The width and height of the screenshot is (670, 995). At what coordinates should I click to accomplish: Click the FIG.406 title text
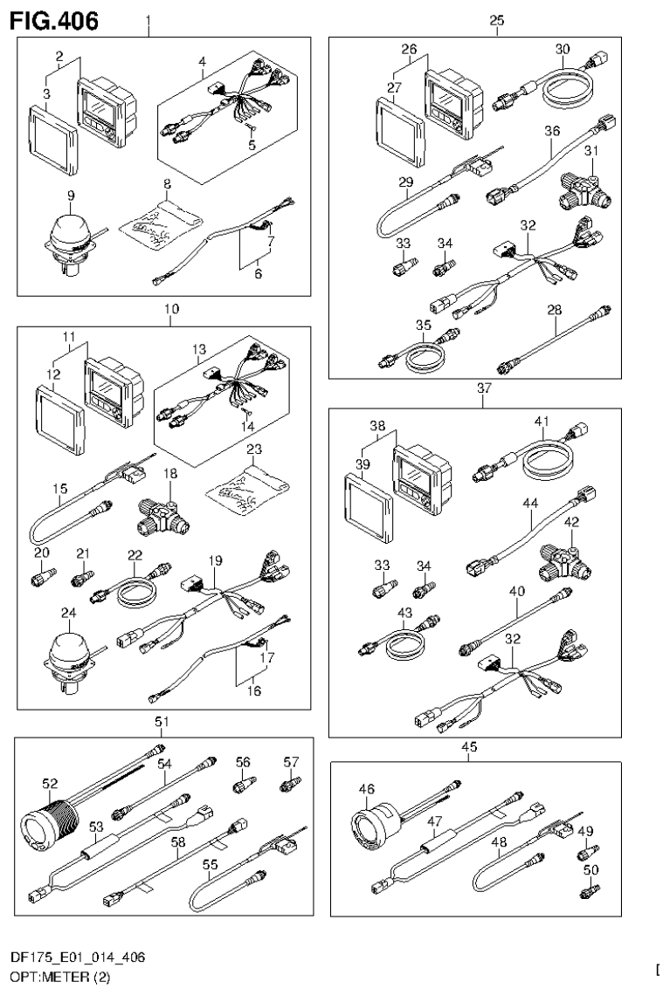click(x=54, y=18)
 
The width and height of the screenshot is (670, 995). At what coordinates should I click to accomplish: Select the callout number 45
click(x=470, y=746)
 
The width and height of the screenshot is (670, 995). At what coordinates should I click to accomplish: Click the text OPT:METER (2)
click(x=60, y=978)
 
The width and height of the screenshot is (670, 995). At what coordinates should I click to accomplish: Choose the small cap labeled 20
click(x=44, y=577)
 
